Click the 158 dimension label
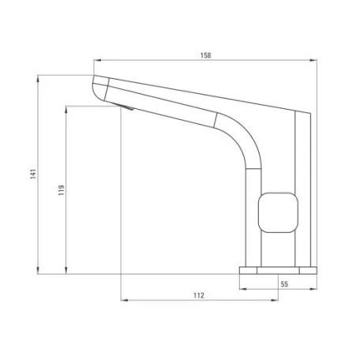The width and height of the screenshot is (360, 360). [205, 55]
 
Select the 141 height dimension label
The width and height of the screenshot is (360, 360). [33, 174]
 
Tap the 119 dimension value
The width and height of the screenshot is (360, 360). [62, 190]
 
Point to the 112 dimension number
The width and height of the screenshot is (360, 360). [199, 295]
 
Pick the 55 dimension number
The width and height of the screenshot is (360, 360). [284, 284]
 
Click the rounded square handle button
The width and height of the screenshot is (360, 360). [278, 212]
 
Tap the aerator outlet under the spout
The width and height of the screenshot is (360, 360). [126, 107]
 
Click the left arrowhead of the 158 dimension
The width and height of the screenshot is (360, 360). [97, 61]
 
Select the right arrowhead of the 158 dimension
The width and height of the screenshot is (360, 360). [313, 61]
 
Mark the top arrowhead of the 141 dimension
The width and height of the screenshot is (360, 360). [38, 79]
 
